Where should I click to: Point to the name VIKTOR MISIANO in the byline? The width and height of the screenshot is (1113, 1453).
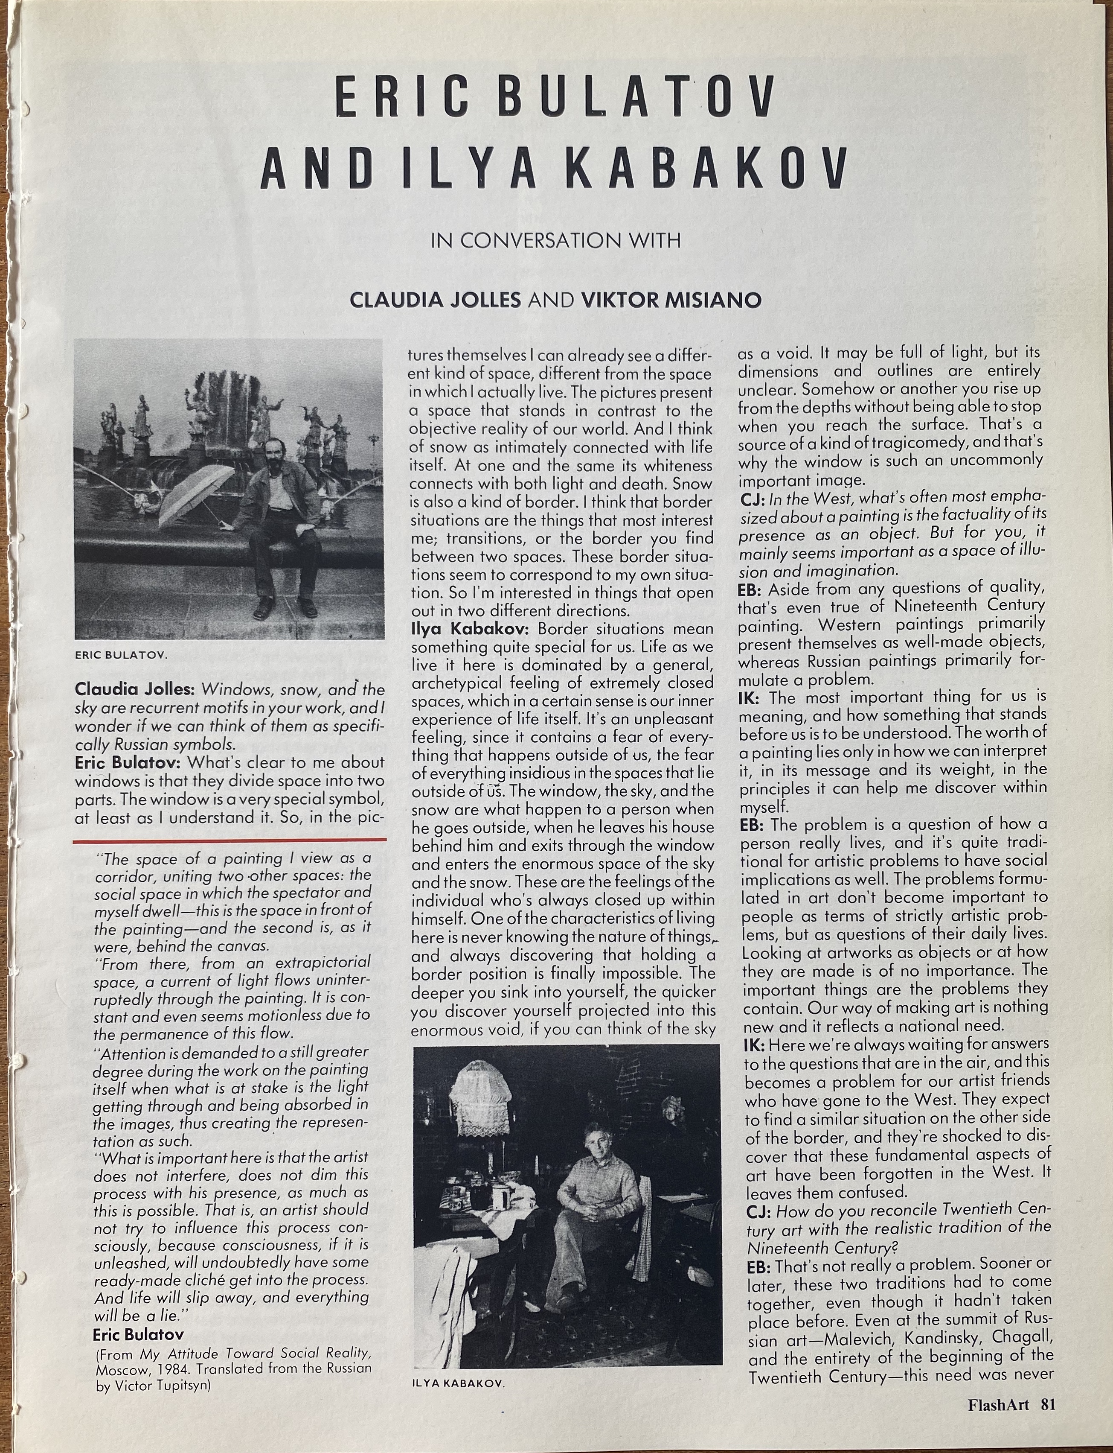pyautogui.click(x=671, y=300)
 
